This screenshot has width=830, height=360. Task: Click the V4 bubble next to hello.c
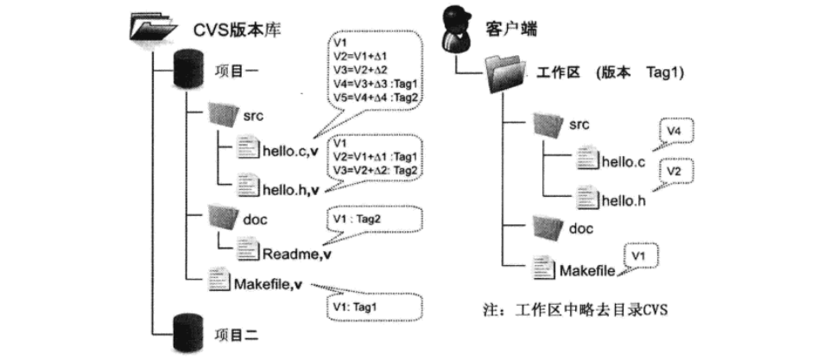[676, 132]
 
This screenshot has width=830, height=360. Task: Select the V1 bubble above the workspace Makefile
[640, 256]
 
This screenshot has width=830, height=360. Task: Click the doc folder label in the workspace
[581, 228]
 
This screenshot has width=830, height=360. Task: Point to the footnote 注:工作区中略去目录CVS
[574, 308]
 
